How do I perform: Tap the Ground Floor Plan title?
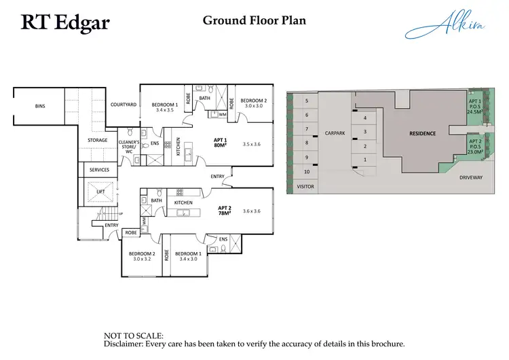(x=254, y=20)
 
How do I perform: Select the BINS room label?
(x=40, y=106)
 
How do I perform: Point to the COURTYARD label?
(x=124, y=105)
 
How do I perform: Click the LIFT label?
(x=100, y=192)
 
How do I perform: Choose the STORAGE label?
(x=98, y=140)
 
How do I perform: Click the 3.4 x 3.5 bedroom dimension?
(x=165, y=109)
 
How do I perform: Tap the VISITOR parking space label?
(x=307, y=185)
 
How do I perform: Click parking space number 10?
(x=307, y=172)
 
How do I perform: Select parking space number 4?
(x=365, y=118)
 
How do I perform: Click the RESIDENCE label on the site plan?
(x=422, y=133)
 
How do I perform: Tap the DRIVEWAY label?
(x=470, y=177)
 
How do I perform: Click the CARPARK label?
(x=335, y=133)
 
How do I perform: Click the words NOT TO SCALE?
(x=133, y=336)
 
